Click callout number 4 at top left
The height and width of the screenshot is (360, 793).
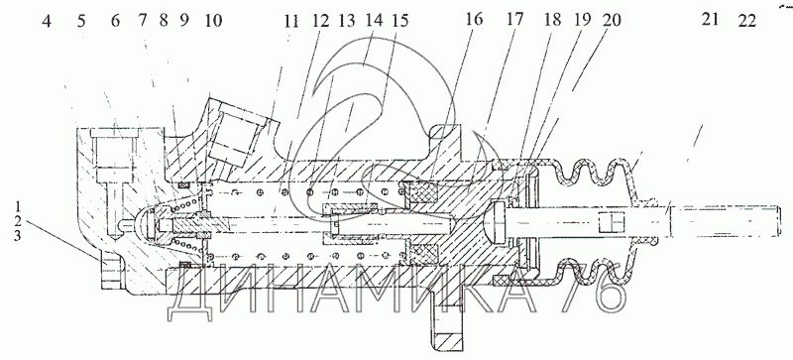click(x=47, y=22)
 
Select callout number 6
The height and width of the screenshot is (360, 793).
click(x=115, y=22)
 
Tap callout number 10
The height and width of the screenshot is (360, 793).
click(x=213, y=22)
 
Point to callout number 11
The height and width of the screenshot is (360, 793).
click(x=291, y=22)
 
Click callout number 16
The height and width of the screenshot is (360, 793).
click(x=474, y=20)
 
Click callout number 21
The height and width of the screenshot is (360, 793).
click(x=710, y=20)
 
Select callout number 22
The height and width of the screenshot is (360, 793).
click(x=746, y=20)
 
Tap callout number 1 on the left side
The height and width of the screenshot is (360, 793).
click(x=18, y=206)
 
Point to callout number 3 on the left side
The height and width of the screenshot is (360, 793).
click(x=18, y=235)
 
